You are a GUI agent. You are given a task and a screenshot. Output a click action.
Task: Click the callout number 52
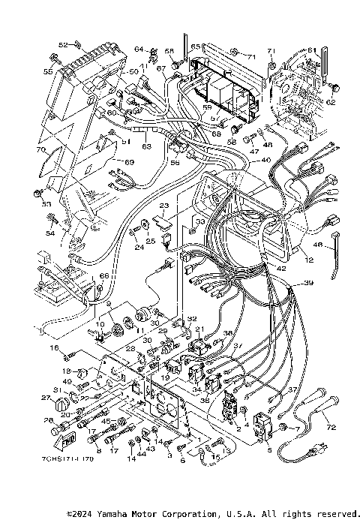(63, 45)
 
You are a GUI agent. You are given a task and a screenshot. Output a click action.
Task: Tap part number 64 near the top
(139, 50)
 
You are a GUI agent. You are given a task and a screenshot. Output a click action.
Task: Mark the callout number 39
(307, 284)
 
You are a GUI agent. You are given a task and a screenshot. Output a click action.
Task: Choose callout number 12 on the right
(309, 260)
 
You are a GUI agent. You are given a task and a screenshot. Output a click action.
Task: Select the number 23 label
(163, 206)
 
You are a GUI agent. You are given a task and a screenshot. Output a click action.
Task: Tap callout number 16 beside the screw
(54, 348)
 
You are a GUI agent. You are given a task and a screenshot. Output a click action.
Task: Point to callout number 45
(106, 421)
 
